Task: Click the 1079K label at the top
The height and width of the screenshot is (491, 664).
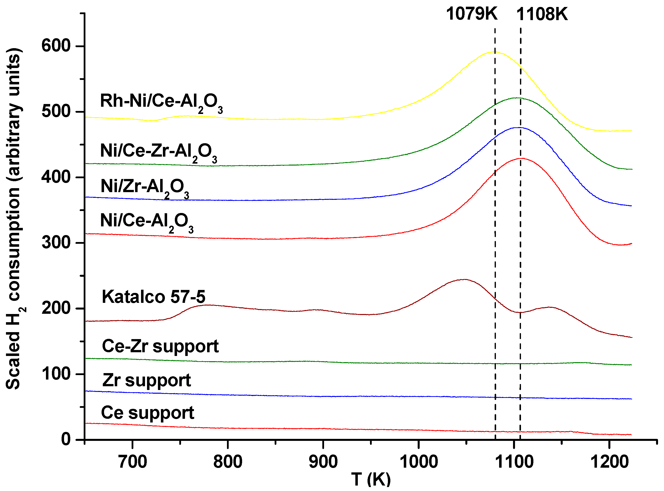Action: (471, 14)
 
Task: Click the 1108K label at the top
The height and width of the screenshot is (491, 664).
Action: (542, 14)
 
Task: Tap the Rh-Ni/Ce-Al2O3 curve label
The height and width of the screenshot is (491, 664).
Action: (161, 102)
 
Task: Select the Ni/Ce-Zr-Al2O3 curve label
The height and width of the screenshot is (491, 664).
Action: (158, 152)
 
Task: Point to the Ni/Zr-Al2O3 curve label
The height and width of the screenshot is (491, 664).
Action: (145, 188)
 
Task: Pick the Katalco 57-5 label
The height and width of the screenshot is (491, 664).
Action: (153, 297)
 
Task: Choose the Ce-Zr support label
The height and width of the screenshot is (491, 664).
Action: (160, 347)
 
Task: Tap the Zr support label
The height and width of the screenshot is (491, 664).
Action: (146, 381)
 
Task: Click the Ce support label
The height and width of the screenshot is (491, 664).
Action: (147, 413)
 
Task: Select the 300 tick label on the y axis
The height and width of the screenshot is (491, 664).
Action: (56, 243)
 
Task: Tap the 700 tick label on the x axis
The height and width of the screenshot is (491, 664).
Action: (132, 462)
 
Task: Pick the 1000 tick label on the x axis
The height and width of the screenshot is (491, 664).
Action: (418, 462)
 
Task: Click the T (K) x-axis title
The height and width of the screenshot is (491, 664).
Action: (370, 479)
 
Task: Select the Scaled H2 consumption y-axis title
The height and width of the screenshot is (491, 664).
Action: (13, 218)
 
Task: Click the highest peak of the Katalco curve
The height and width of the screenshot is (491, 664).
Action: (464, 279)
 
